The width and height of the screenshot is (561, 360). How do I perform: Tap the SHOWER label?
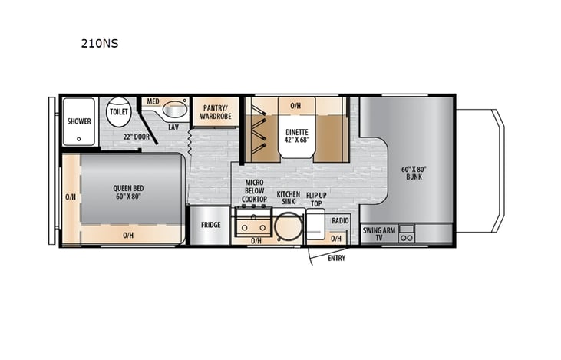point(78,121)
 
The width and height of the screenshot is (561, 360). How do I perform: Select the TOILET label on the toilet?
point(119,111)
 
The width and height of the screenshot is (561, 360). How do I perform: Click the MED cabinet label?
point(152,101)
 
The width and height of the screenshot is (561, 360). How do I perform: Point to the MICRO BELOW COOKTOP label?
point(255,192)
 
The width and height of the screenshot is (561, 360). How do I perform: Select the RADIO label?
point(341,221)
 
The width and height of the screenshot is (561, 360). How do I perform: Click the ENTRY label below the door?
point(336,258)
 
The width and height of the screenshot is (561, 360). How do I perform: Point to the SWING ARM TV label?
point(378,233)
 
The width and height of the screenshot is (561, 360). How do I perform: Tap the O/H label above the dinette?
point(295,105)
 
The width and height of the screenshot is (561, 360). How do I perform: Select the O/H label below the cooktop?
point(256,241)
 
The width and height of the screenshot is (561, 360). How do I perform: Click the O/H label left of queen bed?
point(71,197)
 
